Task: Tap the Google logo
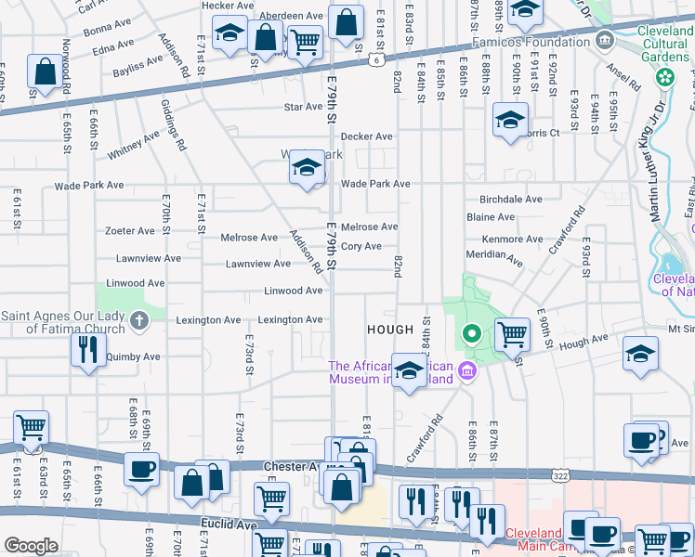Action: (31, 546)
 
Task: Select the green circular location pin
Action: (471, 334)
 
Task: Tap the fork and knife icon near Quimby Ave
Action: (88, 350)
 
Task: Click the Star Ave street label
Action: (303, 108)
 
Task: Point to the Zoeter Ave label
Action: (130, 231)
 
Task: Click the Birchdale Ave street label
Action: (510, 200)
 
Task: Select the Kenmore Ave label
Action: (513, 240)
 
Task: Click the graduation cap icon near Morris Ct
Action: (510, 122)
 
